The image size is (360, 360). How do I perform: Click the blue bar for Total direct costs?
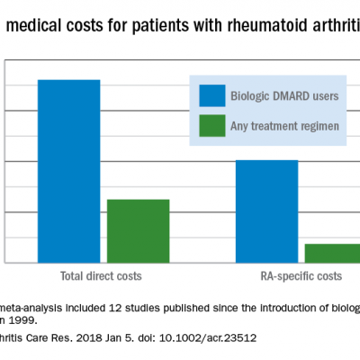click(x=68, y=171)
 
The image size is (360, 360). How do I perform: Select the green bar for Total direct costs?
click(x=138, y=231)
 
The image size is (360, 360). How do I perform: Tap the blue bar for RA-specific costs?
click(x=266, y=211)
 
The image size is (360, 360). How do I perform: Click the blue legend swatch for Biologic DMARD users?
click(x=211, y=95)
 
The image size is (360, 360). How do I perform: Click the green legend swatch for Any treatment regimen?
click(x=211, y=126)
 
